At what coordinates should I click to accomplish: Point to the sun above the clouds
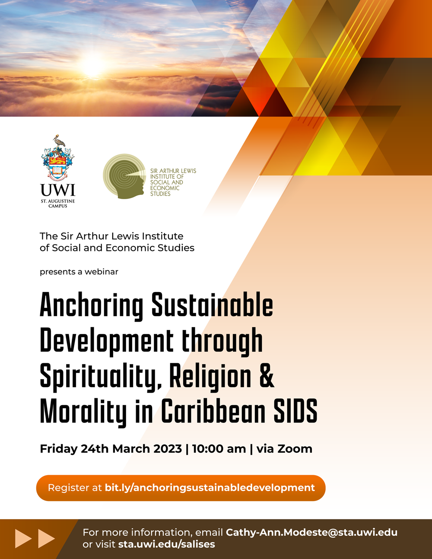[92, 67]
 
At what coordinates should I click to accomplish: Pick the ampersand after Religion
[267, 375]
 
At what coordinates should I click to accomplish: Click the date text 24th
[95, 449]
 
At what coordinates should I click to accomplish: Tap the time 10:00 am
[219, 449]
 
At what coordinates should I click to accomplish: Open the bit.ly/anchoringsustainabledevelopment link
[210, 488]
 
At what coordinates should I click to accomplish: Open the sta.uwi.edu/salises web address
[167, 544]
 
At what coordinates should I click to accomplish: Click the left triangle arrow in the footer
[23, 538]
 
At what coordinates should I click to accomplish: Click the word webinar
[102, 272]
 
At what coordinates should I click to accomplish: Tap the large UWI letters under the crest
[57, 190]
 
